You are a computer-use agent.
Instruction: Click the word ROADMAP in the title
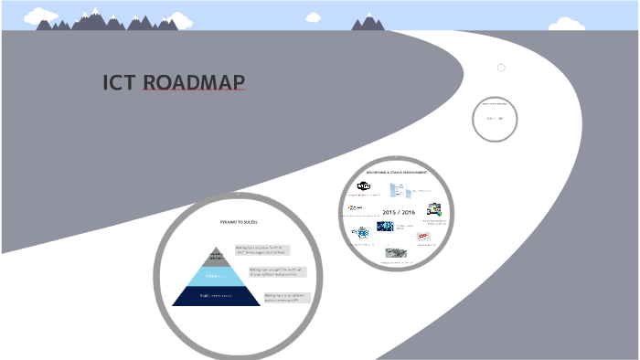point(194,83)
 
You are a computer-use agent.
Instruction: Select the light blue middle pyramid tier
point(217,275)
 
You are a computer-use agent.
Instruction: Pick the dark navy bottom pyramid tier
point(217,296)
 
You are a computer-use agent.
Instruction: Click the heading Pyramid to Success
point(238,222)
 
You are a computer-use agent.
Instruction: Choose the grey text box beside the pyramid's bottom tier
point(287,297)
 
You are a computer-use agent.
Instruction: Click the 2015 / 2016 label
point(399,212)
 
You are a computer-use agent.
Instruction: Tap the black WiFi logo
point(363,186)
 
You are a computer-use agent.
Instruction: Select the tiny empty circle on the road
point(501,68)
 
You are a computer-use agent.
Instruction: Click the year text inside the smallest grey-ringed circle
point(496,119)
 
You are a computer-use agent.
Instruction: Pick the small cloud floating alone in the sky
point(314,16)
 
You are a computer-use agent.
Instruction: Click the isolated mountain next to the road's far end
point(369,22)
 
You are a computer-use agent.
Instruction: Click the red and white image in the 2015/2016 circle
point(423,237)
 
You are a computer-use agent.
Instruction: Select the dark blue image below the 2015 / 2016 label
point(385,227)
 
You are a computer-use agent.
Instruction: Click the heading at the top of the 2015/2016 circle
point(397,172)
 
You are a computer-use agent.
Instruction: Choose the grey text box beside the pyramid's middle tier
point(277,271)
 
